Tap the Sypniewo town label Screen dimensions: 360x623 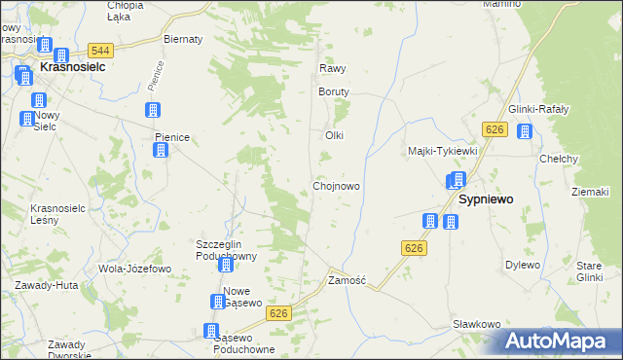[486, 198]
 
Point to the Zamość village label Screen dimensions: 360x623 [347, 280]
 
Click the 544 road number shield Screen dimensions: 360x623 [99, 51]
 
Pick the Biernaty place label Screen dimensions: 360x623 [183, 39]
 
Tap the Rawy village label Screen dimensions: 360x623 [333, 69]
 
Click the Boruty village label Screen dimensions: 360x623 [333, 91]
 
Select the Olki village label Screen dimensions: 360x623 [335, 135]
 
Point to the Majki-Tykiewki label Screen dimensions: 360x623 [442, 151]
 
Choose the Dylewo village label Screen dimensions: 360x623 [523, 265]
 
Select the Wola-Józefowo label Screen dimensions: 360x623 [134, 268]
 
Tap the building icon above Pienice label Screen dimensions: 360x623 [153, 110]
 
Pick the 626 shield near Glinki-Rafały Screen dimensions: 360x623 [496, 129]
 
